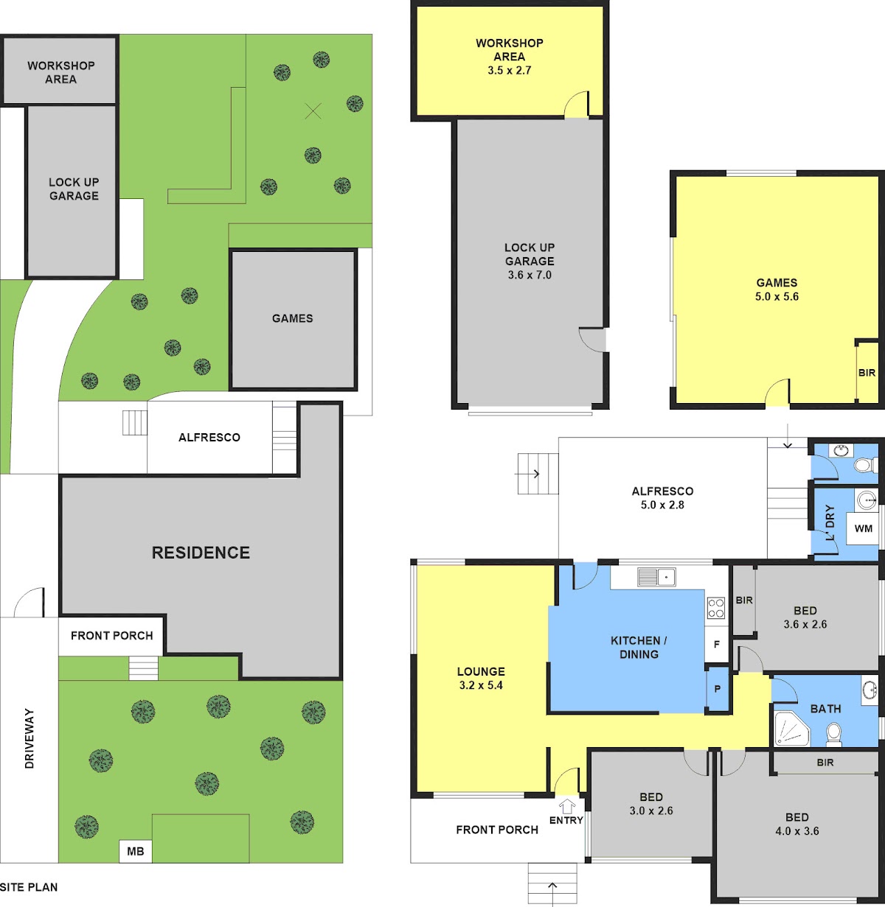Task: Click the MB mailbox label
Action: click(x=135, y=851)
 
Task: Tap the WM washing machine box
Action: click(x=863, y=528)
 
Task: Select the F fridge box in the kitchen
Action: click(x=717, y=644)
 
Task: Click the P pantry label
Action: click(x=718, y=689)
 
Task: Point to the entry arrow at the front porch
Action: click(x=567, y=806)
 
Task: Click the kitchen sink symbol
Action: click(x=656, y=577)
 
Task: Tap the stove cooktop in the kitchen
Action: click(x=715, y=609)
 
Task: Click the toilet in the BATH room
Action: click(x=833, y=734)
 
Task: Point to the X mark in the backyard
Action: click(x=313, y=111)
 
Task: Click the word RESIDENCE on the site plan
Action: click(x=201, y=553)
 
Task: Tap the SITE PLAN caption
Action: click(x=29, y=887)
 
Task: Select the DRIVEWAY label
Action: click(x=29, y=738)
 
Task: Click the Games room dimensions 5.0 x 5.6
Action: click(x=777, y=296)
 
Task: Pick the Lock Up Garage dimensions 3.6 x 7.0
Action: click(x=530, y=275)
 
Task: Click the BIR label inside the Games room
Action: click(x=867, y=373)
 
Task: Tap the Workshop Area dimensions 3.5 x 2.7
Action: click(x=510, y=71)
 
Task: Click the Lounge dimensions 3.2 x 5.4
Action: click(x=481, y=685)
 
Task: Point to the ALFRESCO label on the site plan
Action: click(x=209, y=437)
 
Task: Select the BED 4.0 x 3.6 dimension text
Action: click(x=796, y=830)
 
